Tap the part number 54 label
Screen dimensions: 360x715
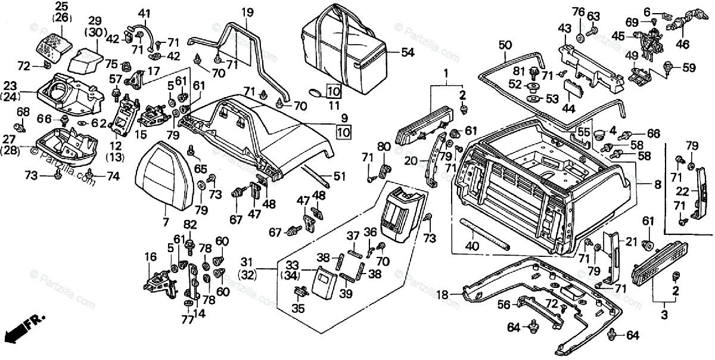click(x=408, y=53)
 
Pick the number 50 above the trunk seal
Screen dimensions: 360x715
click(x=505, y=44)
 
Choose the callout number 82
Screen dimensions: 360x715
click(x=189, y=224)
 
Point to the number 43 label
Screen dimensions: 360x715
click(x=564, y=27)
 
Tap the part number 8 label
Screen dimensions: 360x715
click(x=657, y=185)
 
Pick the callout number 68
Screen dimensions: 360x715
click(x=23, y=111)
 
